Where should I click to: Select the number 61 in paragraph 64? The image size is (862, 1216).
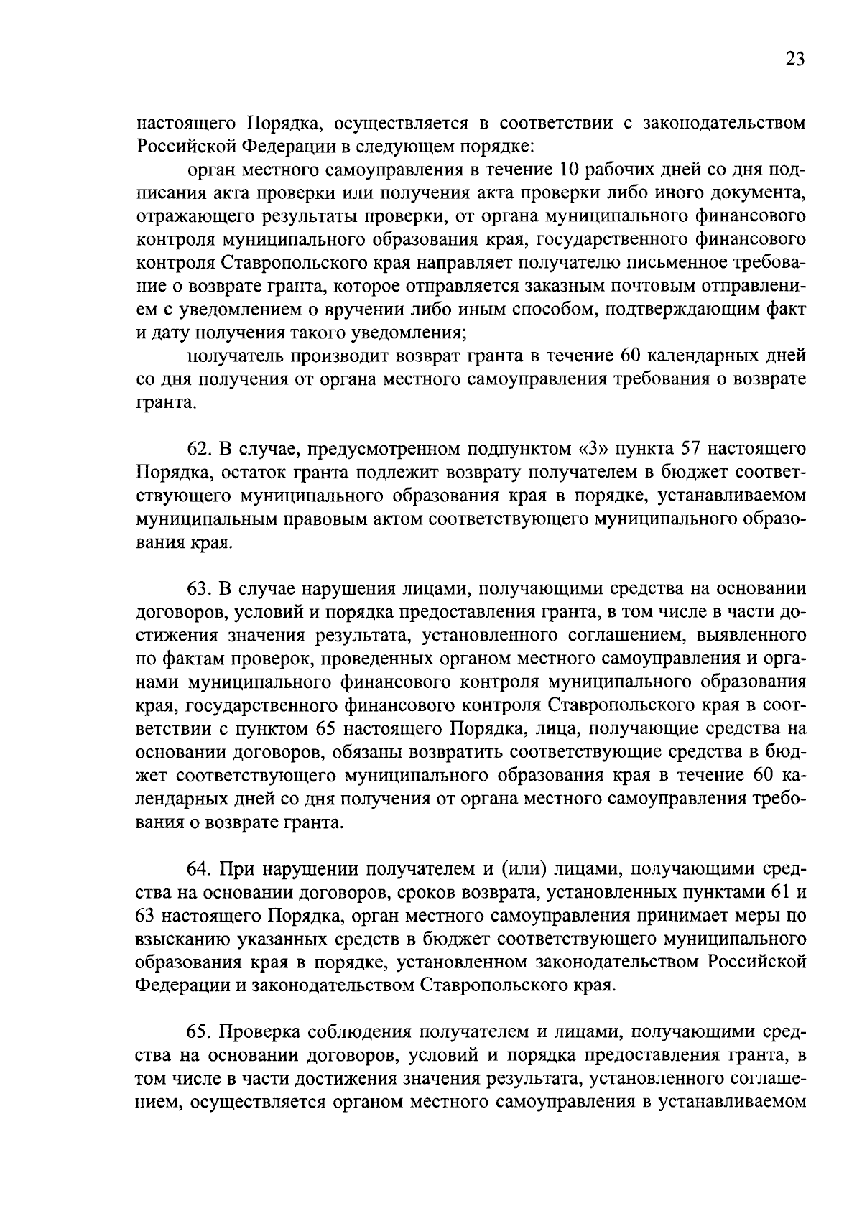(779, 892)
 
